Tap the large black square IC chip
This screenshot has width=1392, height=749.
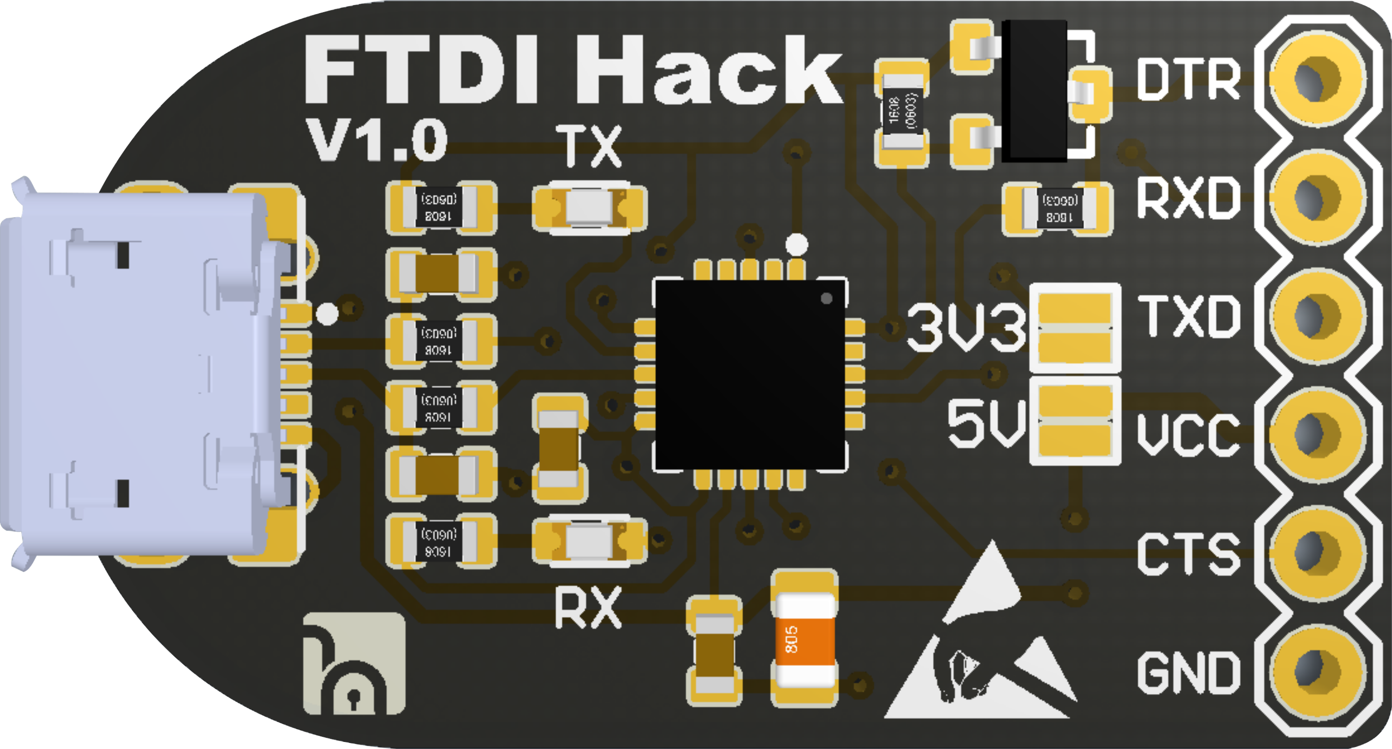click(x=750, y=374)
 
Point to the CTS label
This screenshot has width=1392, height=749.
click(x=1188, y=554)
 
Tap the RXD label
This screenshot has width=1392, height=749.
click(x=1188, y=198)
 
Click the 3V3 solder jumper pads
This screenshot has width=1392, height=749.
click(x=1074, y=328)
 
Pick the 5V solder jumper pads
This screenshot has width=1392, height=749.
click(x=1074, y=421)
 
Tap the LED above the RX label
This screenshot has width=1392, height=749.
click(x=590, y=543)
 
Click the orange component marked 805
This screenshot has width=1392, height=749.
click(x=804, y=638)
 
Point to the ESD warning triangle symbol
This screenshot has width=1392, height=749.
click(x=978, y=649)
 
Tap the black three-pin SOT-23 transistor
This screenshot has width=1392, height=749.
click(x=1033, y=91)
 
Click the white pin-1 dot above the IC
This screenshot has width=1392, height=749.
click(x=796, y=244)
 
